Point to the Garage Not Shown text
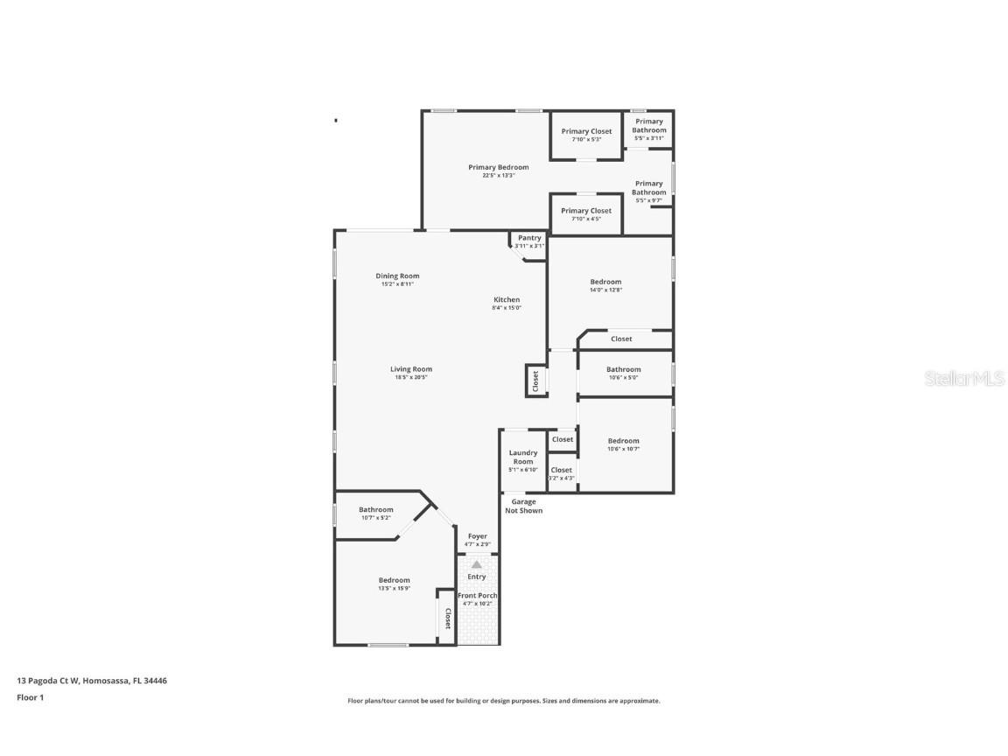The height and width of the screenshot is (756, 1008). pos(523,506)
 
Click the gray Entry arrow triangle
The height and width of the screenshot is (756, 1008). pos(477,564)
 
